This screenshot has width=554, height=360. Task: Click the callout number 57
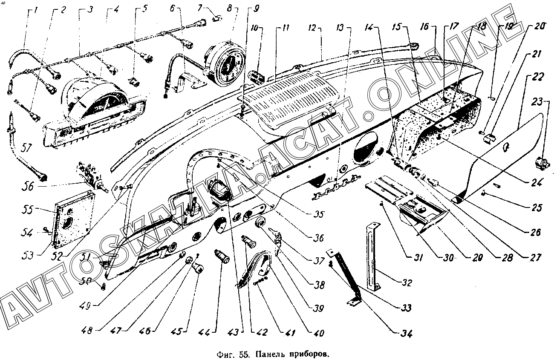(26, 149)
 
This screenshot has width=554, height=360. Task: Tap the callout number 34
(407, 333)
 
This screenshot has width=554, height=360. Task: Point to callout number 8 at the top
(229, 9)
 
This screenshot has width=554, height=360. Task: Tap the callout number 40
(319, 333)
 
